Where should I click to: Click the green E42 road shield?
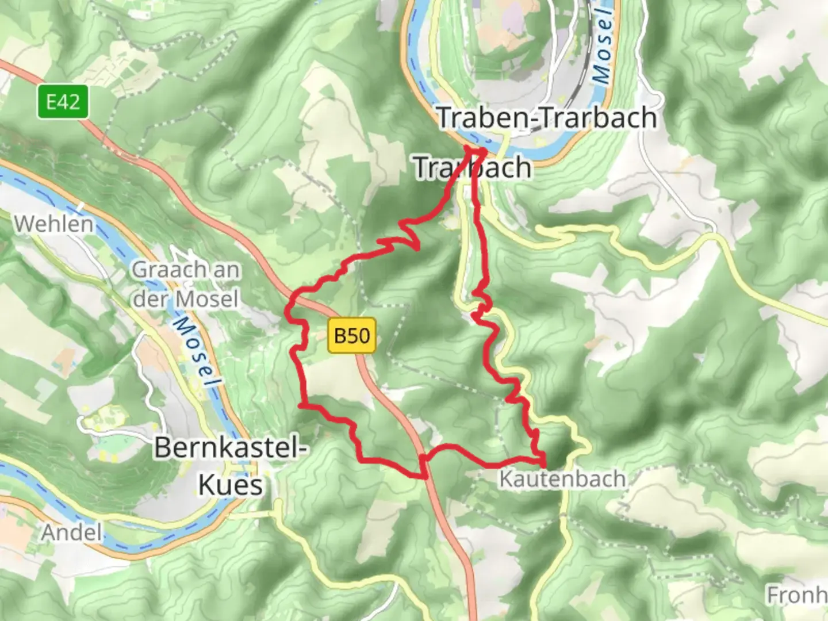pos(63,102)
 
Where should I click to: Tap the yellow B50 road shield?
pos(352,335)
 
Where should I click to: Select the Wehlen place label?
pos(53,224)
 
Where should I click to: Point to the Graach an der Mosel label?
pos(185,284)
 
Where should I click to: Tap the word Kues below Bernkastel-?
pos(231,484)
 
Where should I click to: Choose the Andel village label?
pos(71,532)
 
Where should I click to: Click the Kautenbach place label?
pos(562,478)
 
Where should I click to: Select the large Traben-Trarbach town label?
pos(547,118)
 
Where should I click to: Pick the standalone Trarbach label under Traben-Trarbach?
pos(471,167)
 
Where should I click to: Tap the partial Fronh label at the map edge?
pos(796,595)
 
